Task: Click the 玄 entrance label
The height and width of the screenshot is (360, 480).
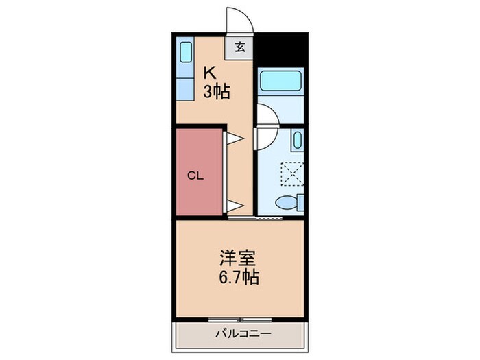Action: [241, 47]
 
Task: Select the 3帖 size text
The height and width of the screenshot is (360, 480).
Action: [215, 91]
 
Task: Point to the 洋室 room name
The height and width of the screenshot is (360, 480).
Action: [238, 259]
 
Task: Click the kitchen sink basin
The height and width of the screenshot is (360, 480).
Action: [185, 53]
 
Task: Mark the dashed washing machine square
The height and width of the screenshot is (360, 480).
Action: [293, 173]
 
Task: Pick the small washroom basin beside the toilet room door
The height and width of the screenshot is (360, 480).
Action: [296, 141]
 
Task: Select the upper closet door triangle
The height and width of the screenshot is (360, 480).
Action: [234, 139]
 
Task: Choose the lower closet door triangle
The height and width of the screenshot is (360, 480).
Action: [234, 204]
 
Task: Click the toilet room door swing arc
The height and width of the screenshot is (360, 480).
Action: [264, 139]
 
